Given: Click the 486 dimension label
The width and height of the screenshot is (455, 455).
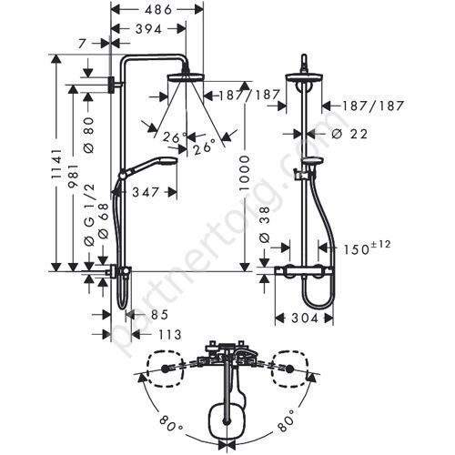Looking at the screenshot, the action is pyautogui.click(x=158, y=10).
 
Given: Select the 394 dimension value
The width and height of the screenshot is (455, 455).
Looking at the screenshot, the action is pyautogui.click(x=148, y=29).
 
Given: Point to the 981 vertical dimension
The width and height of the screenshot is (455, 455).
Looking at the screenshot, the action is pyautogui.click(x=74, y=177).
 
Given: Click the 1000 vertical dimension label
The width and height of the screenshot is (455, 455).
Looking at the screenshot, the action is pyautogui.click(x=245, y=173).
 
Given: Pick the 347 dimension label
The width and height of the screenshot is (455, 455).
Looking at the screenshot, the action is pyautogui.click(x=146, y=192).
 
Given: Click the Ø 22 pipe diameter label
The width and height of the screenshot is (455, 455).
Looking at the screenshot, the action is pyautogui.click(x=349, y=134).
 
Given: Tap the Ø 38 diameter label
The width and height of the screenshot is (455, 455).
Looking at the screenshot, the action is pyautogui.click(x=265, y=225).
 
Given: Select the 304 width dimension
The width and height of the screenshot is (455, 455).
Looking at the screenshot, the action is pyautogui.click(x=305, y=318).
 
